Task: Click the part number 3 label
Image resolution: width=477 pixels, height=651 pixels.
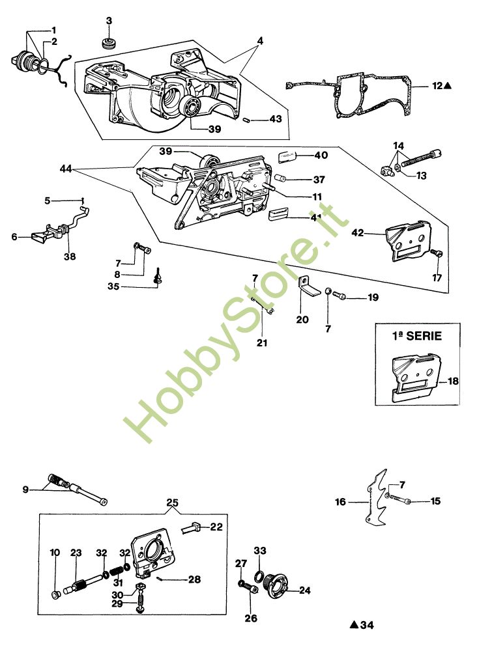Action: tap(109, 21)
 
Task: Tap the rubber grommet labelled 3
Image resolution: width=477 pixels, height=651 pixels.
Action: tap(108, 42)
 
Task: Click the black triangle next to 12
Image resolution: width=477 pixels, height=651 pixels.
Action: tap(447, 86)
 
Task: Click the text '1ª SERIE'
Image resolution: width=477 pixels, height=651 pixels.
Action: tap(417, 335)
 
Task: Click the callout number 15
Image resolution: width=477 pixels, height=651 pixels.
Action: tap(435, 501)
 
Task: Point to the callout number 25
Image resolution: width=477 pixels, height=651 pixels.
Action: tap(173, 503)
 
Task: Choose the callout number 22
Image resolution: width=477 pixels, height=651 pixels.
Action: tap(216, 527)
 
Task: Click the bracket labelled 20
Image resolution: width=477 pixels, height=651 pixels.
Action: tap(309, 287)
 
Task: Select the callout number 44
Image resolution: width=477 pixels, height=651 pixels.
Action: tap(66, 169)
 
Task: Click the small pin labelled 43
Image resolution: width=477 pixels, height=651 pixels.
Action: tap(246, 120)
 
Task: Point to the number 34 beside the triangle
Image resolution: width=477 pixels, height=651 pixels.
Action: tap(367, 625)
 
